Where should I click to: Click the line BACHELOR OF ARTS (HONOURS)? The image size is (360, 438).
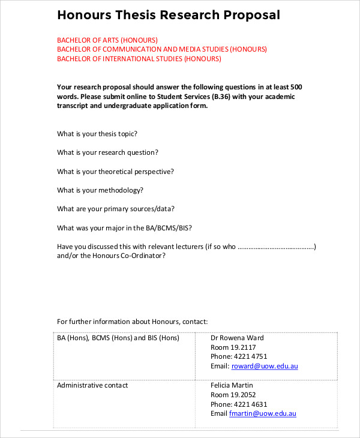[107, 40]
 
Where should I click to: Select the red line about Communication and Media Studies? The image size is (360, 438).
[162, 49]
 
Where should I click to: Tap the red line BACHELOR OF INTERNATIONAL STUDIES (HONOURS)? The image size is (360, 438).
[139, 59]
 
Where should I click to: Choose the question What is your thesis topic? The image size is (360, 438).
[101, 134]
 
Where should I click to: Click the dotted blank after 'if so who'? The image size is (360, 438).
[277, 247]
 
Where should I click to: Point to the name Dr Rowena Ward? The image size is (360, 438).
[237, 338]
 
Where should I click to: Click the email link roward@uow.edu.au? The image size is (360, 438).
[263, 366]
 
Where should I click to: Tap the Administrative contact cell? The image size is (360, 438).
[92, 385]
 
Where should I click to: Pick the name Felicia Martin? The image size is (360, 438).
[232, 385]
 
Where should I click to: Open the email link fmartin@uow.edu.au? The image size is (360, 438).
[262, 413]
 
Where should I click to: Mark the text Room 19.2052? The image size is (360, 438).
[233, 395]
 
